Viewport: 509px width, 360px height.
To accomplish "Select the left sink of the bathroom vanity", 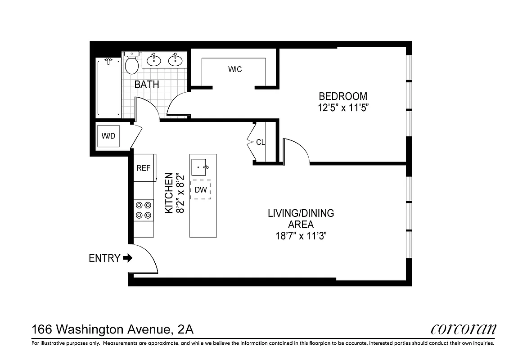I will click(x=154, y=60).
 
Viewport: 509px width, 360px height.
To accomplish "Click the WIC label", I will click(x=235, y=69).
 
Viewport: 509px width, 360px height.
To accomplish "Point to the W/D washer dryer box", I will click(x=108, y=136).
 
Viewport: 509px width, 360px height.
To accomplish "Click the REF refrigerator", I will click(x=144, y=168).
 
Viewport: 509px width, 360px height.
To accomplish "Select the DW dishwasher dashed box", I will click(x=201, y=190).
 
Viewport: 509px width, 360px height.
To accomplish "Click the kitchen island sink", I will click(x=201, y=167).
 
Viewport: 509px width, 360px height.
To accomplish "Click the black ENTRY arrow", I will click(x=127, y=258).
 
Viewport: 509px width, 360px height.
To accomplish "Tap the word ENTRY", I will click(x=104, y=258).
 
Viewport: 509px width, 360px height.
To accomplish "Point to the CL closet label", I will click(x=261, y=142).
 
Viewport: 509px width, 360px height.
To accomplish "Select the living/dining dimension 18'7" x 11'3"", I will click(x=301, y=236).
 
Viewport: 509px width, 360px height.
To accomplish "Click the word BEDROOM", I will click(x=343, y=96).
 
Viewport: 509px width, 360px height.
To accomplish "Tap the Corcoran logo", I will click(x=463, y=329).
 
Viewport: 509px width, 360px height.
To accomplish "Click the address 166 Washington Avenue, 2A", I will click(x=113, y=329).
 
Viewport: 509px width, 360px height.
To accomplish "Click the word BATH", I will click(x=147, y=85).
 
